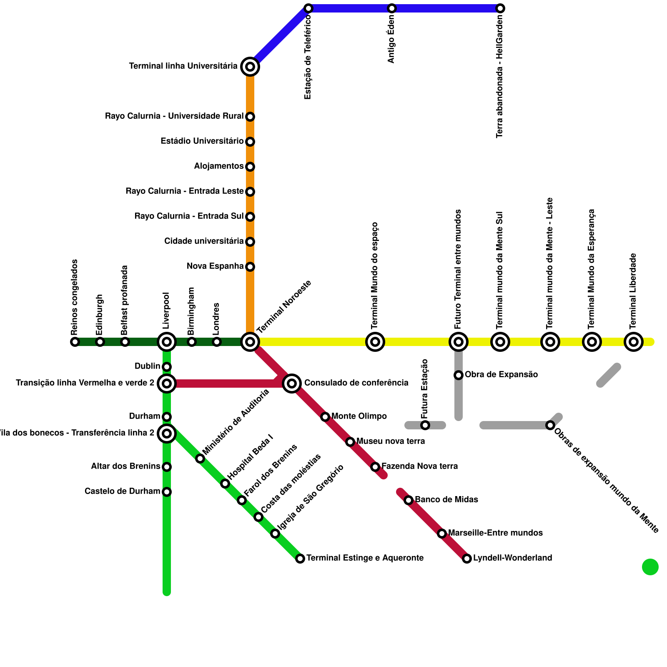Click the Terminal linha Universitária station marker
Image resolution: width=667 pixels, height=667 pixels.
click(x=250, y=67)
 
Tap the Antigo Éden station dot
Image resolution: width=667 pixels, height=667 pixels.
click(x=392, y=8)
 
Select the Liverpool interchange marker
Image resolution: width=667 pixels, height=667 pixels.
click(x=167, y=342)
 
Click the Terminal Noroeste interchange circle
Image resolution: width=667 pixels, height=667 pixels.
click(x=250, y=342)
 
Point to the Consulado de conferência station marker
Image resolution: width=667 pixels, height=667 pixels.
click(x=292, y=383)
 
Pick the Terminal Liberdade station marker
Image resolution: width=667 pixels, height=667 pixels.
click(x=634, y=342)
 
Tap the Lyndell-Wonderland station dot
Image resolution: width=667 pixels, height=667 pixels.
click(x=467, y=559)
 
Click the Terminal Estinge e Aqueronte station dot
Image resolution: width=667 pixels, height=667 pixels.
click(x=300, y=559)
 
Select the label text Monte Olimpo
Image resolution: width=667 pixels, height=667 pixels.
click(x=359, y=416)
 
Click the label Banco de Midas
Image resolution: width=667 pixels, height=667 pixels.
click(x=446, y=499)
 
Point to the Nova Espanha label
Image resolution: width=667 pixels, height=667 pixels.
click(x=215, y=266)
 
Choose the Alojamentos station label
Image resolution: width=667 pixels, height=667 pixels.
click(x=219, y=166)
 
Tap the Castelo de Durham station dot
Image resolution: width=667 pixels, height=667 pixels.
click(x=167, y=492)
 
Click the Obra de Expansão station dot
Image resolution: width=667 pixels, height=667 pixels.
click(x=459, y=375)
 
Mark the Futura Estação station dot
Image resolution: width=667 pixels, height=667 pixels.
click(x=425, y=425)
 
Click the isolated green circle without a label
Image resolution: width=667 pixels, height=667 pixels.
click(x=650, y=567)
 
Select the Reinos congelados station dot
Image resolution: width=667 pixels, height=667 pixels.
click(x=75, y=342)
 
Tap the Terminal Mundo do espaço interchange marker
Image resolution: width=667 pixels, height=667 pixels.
click(x=375, y=342)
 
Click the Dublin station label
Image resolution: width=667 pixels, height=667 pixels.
click(x=147, y=366)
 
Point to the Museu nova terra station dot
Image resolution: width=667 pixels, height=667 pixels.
click(x=350, y=442)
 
